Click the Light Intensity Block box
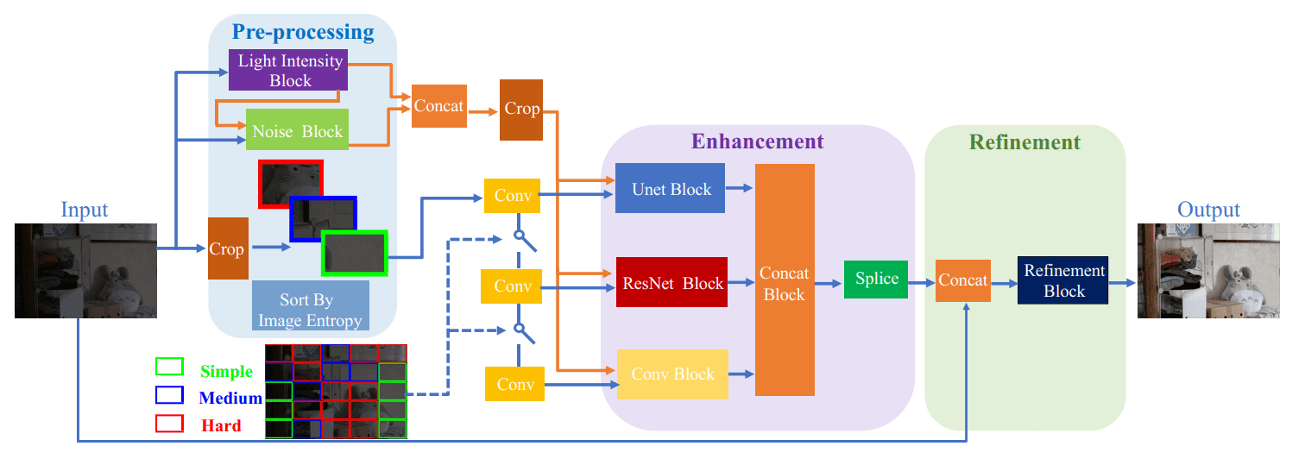(288, 70)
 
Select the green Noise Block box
(297, 131)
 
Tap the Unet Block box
(671, 188)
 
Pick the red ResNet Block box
(671, 282)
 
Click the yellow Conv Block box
(672, 374)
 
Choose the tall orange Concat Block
(785, 280)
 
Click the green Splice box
(876, 279)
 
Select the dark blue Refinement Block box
(1063, 280)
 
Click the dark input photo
(85, 271)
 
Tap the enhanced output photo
(1208, 271)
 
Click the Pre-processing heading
(302, 33)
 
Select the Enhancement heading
(757, 141)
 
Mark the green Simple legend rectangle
(169, 367)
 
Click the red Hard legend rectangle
(169, 423)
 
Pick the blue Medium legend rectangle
(169, 395)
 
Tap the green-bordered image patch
(354, 253)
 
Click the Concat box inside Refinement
(962, 280)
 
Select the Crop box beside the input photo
(226, 248)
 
